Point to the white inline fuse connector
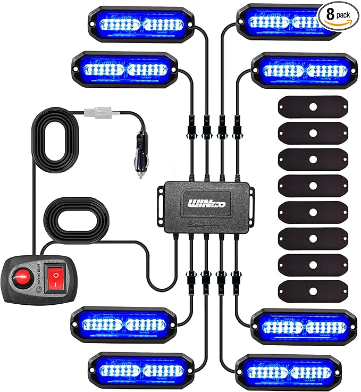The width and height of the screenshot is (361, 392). point(102,113)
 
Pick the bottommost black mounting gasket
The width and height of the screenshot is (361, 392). point(313,290)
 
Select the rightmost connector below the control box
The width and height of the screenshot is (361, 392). point(236,278)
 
